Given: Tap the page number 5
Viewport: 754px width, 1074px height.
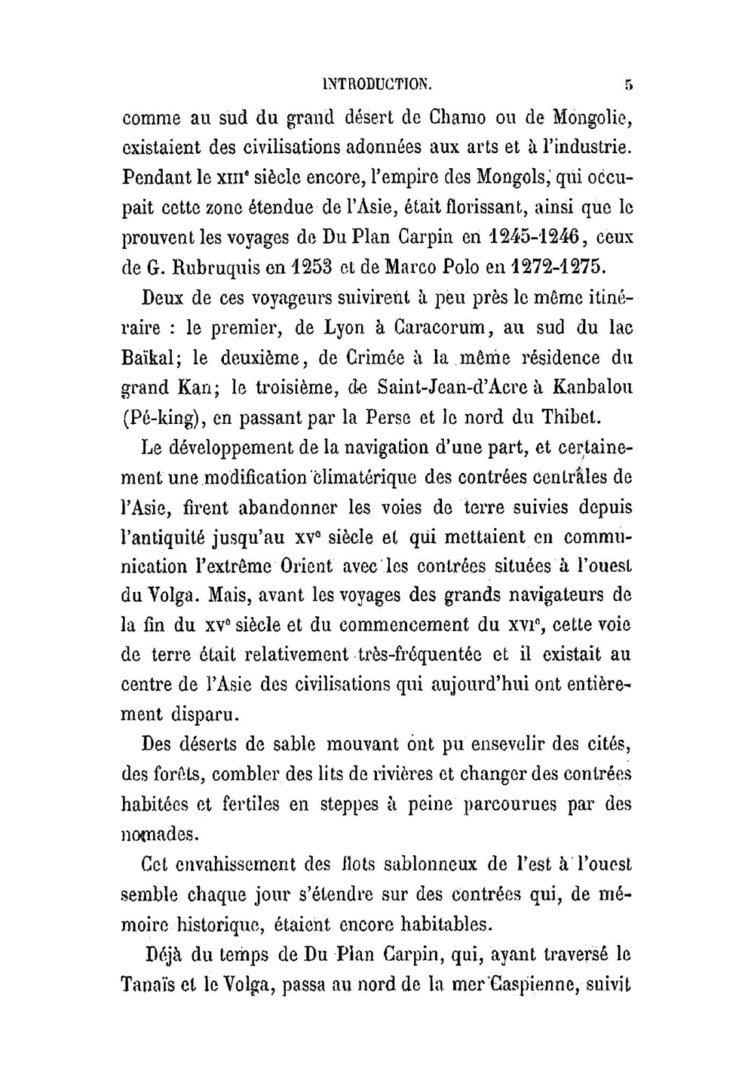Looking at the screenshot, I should (627, 84).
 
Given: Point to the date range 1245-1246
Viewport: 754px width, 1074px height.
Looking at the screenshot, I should (534, 237).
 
